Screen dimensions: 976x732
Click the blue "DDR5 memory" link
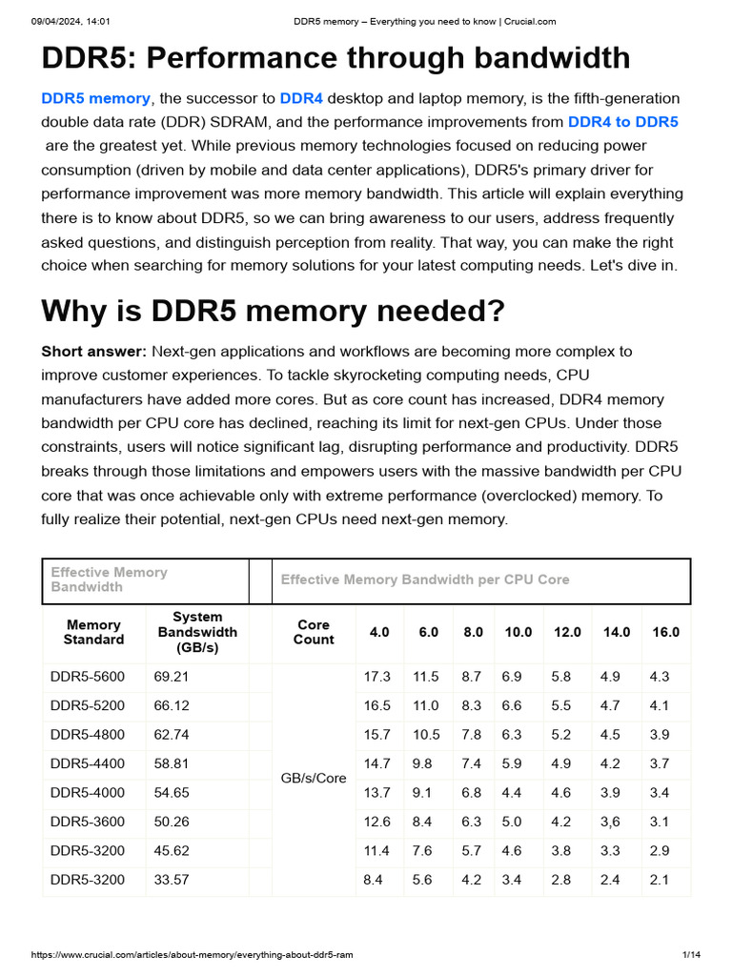click(x=95, y=98)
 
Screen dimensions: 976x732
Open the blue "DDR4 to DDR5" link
click(x=622, y=122)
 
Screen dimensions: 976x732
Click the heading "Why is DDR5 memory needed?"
click(x=273, y=311)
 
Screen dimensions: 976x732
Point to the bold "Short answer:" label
click(x=93, y=352)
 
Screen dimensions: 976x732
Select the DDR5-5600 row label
click(x=87, y=677)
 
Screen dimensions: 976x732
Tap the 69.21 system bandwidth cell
click(x=172, y=677)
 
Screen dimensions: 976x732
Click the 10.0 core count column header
click(x=518, y=632)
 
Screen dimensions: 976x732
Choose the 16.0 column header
click(x=665, y=632)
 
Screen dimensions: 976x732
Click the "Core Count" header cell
click(x=314, y=632)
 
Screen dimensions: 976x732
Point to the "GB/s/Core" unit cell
click(x=314, y=778)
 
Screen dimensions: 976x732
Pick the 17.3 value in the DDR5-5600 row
click(x=377, y=677)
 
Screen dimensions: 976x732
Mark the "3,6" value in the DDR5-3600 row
click(x=610, y=822)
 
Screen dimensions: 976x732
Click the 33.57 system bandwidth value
click(x=172, y=880)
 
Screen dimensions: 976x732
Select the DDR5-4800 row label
click(x=87, y=735)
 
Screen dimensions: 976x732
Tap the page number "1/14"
click(x=692, y=954)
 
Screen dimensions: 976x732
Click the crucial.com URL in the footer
click(x=192, y=954)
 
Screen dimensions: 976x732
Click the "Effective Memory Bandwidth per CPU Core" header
click(x=425, y=579)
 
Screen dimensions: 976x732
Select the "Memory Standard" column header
click(x=93, y=632)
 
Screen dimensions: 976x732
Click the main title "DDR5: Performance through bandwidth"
click(x=335, y=58)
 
